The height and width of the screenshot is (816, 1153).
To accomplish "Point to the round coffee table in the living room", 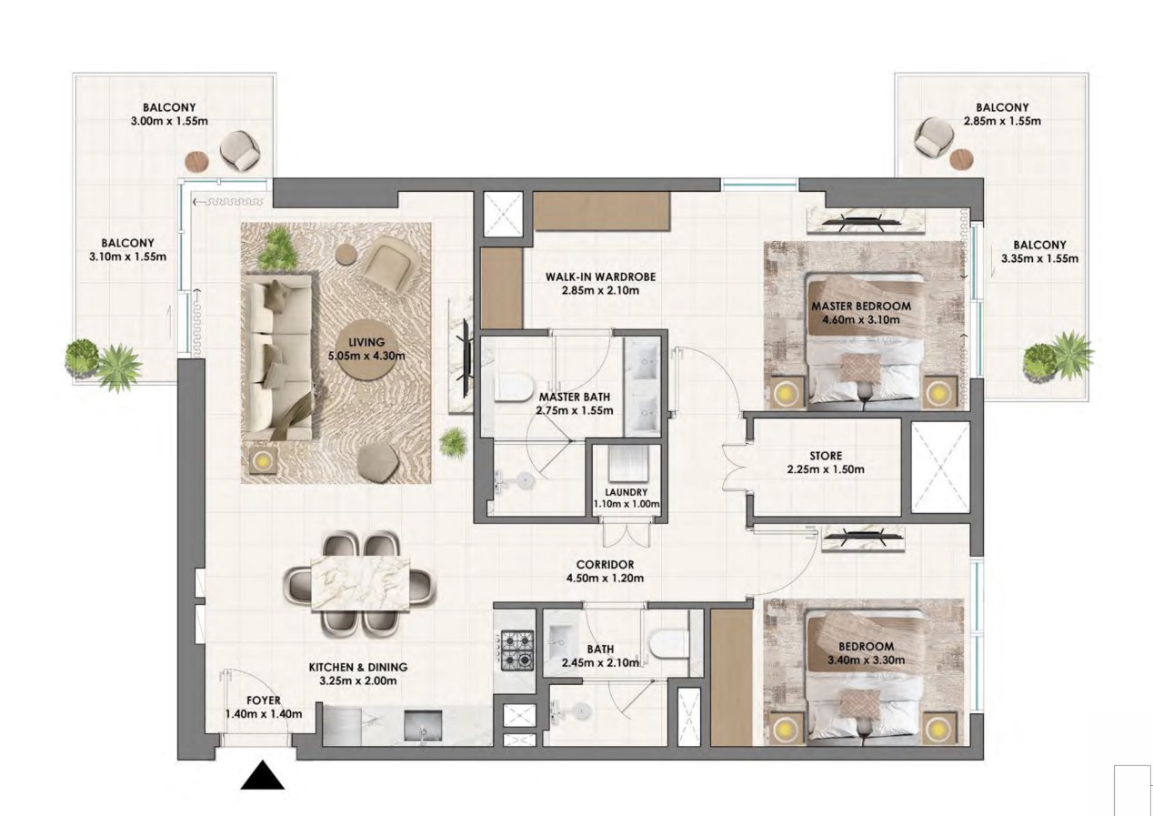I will pos(369,346).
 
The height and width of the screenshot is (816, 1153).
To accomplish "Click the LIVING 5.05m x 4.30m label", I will pos(369,348).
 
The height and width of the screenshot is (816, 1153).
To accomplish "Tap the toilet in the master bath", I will pos(511,389).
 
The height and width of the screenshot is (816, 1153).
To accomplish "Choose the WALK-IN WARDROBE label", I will pos(601,283).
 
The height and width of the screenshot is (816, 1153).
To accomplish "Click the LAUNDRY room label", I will pos(625,498).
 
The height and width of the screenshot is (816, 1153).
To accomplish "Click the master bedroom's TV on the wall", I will pos(867,218).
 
